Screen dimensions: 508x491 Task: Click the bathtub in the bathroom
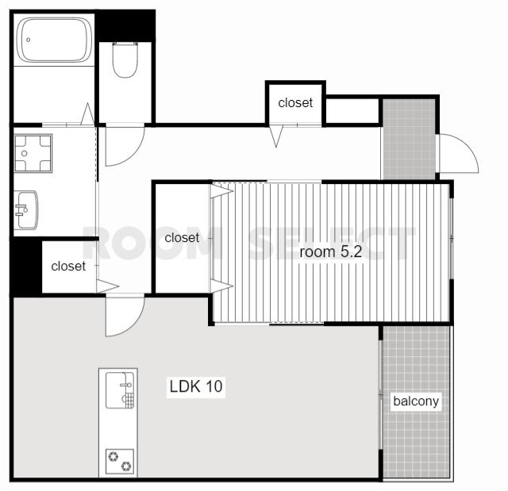[x=55, y=40]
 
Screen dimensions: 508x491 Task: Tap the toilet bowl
[x=125, y=59]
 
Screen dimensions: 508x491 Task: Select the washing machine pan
[x=33, y=153]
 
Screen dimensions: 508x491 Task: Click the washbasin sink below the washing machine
[x=26, y=210]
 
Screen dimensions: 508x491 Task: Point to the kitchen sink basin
[x=120, y=390]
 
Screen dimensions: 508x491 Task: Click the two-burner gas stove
[x=120, y=461]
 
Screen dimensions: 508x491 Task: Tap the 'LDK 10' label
[x=196, y=386]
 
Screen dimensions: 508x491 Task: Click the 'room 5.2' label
[x=330, y=251]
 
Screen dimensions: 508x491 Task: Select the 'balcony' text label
[x=416, y=401]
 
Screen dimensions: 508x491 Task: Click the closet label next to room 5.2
[x=182, y=238]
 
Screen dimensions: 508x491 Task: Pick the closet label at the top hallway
[x=295, y=102]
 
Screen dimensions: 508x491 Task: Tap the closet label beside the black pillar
[x=68, y=266]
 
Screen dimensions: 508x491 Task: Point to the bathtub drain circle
[x=29, y=40]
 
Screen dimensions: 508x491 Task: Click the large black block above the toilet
[x=125, y=25]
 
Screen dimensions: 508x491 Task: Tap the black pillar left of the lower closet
[x=26, y=267]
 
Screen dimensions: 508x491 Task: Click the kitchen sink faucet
[x=125, y=385]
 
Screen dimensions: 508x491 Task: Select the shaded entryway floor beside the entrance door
[x=409, y=139]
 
